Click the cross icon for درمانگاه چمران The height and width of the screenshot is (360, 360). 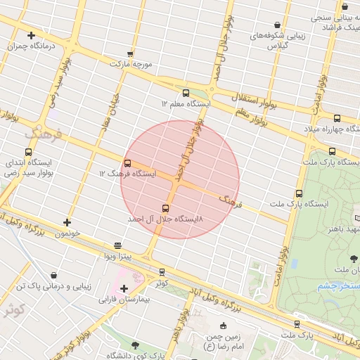click(x=31, y=35)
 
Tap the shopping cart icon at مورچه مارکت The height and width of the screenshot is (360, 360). click(x=130, y=53)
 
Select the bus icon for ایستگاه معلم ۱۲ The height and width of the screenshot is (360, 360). click(x=186, y=93)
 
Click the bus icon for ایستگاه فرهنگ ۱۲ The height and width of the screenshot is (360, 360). click(x=127, y=163)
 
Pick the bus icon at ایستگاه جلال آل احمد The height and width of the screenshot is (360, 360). click(x=165, y=208)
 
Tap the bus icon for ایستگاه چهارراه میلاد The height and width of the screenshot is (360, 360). click(x=337, y=118)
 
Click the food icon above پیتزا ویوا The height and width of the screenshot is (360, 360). click(x=117, y=245)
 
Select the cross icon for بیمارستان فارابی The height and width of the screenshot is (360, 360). click(x=124, y=288)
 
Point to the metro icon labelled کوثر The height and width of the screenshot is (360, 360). click(x=162, y=272)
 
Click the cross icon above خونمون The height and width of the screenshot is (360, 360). click(x=67, y=223)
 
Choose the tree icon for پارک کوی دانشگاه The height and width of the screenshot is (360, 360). click(x=135, y=345)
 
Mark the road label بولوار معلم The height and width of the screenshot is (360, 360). click(x=250, y=117)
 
